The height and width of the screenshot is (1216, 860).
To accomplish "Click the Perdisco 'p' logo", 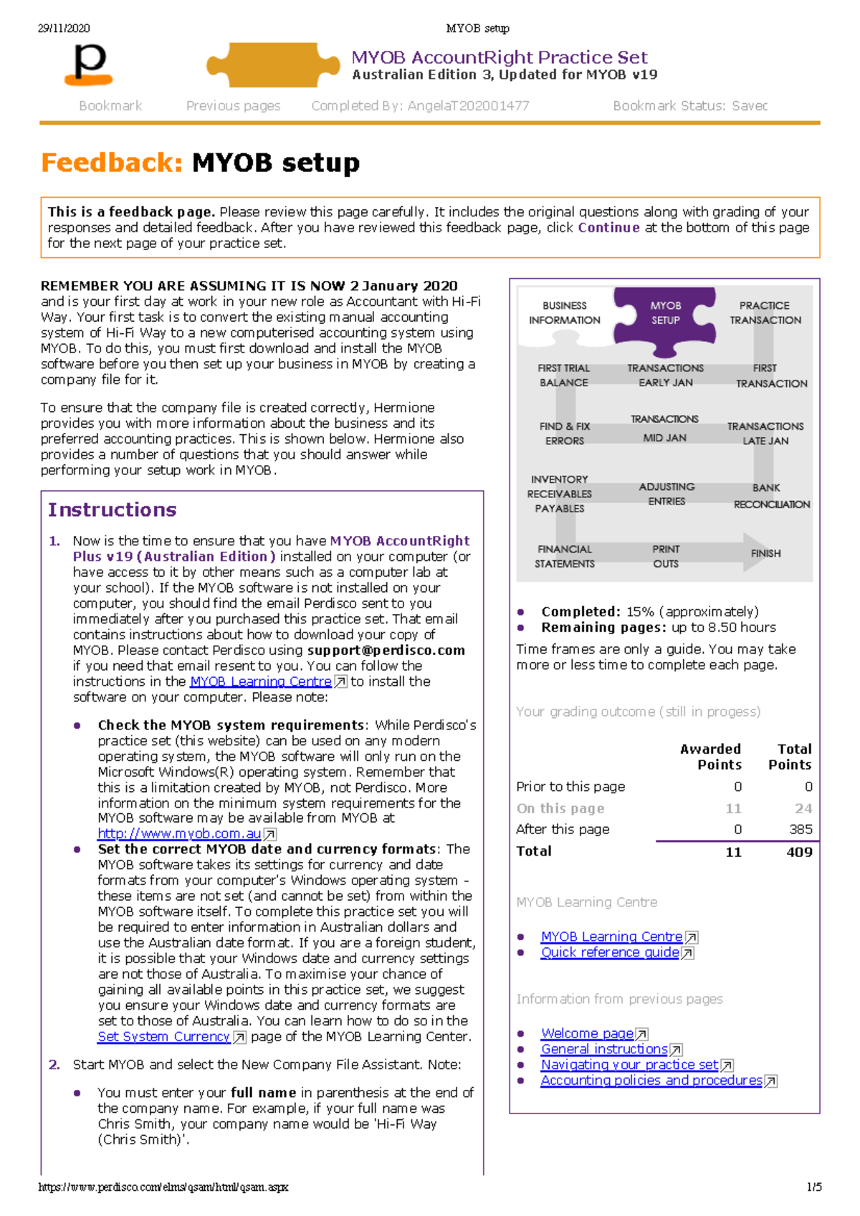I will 89,64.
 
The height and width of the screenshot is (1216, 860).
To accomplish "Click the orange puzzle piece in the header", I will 273,65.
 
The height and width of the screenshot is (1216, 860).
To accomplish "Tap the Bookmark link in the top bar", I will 110,106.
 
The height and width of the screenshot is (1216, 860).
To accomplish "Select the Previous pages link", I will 233,106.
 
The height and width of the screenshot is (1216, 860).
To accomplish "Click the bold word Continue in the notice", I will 608,228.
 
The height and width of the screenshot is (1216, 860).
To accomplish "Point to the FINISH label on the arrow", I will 765,553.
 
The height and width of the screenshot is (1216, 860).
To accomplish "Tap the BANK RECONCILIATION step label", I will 770,496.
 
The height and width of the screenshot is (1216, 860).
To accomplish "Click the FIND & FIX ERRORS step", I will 564,434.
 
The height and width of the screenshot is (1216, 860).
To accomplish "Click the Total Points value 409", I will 798,852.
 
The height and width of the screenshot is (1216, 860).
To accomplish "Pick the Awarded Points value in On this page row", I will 733,808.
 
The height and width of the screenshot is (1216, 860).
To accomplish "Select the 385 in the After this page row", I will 801,829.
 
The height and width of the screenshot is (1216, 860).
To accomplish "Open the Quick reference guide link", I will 610,952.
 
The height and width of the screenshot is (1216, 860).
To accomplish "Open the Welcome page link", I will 587,1033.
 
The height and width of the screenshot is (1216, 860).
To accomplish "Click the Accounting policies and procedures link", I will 651,1080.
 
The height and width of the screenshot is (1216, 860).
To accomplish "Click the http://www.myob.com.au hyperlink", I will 179,833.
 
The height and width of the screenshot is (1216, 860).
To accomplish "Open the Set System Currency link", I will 163,1036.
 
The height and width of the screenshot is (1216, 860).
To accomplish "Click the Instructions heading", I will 112,509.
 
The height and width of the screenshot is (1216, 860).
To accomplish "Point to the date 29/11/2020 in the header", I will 64,29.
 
